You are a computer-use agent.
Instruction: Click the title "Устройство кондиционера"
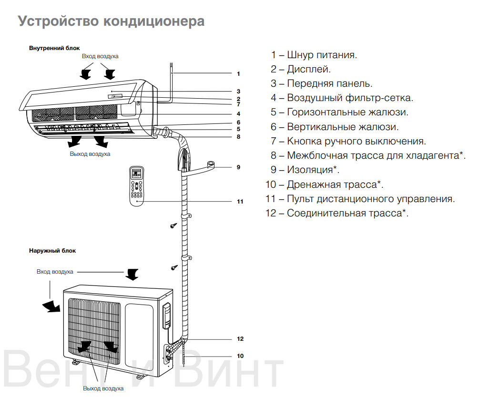(x=111, y=21)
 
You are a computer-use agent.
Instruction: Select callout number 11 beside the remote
(x=240, y=202)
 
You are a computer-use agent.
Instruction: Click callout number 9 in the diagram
(x=238, y=167)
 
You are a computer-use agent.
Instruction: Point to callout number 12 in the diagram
(x=240, y=339)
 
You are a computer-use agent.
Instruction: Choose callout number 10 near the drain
(x=240, y=356)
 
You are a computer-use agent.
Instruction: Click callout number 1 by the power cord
(x=238, y=74)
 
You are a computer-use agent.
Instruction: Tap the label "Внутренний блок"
(x=54, y=49)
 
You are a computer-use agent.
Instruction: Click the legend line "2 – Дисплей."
(x=301, y=70)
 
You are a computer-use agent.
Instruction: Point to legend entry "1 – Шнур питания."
(x=314, y=55)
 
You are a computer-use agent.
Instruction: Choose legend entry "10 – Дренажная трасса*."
(x=324, y=184)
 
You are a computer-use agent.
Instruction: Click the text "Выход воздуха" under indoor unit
(x=90, y=154)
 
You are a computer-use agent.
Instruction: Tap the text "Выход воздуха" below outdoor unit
(x=103, y=388)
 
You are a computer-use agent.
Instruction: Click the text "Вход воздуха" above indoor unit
(x=100, y=56)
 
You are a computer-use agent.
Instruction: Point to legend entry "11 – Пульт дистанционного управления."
(x=360, y=199)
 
